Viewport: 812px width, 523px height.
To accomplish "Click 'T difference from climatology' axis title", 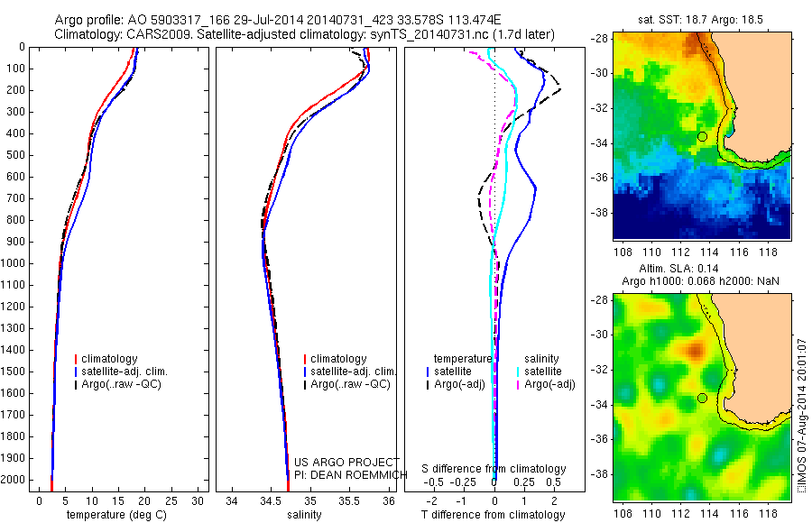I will [494, 515].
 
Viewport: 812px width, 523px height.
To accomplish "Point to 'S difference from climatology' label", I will [494, 469].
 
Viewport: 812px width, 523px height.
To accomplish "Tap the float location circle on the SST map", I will [702, 136].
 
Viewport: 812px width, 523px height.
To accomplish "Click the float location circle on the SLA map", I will [702, 398].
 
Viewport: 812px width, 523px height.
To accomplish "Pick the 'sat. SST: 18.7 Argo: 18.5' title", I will [701, 17].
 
